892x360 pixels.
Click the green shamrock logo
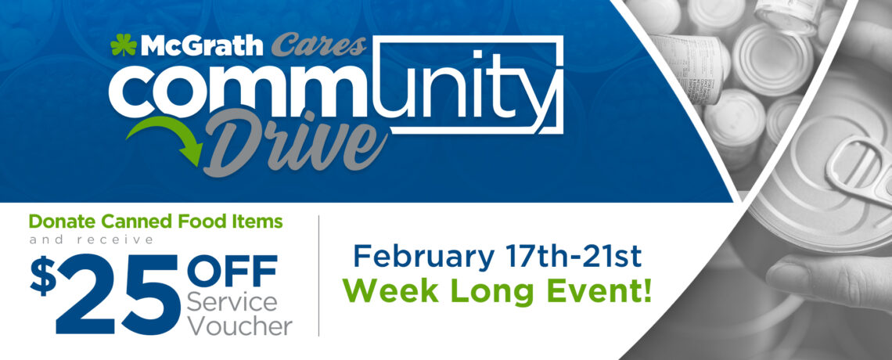pos(124,45)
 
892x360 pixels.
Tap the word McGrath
pos(202,45)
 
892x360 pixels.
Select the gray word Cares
pos(318,45)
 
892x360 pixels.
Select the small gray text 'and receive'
pos(92,240)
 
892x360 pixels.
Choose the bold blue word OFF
pos(232,272)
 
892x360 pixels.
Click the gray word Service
pos(232,302)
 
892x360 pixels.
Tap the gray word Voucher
pos(239,326)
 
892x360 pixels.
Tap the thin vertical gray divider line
pos(318,275)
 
